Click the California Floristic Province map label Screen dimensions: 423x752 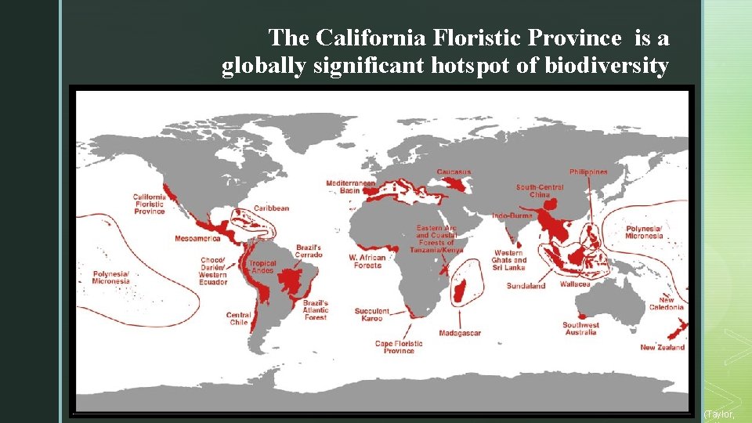pos(149,204)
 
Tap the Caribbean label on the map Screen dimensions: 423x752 pos(271,208)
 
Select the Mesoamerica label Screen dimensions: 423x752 pos(197,238)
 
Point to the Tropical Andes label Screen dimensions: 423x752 pos(262,268)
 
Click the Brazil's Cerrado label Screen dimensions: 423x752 pos(308,251)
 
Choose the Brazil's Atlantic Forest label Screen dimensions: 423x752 pos(316,310)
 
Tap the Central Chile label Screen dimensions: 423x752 pos(238,319)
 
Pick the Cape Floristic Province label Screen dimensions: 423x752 pos(399,347)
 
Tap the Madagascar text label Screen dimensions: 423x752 pos(460,333)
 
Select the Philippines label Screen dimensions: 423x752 pos(588,172)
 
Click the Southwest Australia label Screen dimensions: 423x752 pos(580,329)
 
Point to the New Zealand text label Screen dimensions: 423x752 pos(662,347)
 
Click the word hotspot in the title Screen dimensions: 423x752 pos(472,67)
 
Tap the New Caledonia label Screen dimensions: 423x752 pos(666,304)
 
